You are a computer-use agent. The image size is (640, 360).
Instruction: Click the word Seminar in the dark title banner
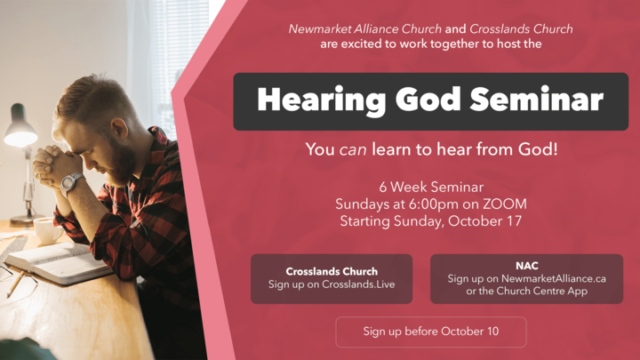[x=539, y=100]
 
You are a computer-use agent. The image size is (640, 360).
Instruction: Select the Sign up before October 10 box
[x=430, y=332]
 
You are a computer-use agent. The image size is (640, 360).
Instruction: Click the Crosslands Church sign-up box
[x=332, y=278]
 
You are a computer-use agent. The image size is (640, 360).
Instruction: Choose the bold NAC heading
[x=526, y=266]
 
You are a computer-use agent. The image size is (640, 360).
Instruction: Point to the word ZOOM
[x=502, y=204]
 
